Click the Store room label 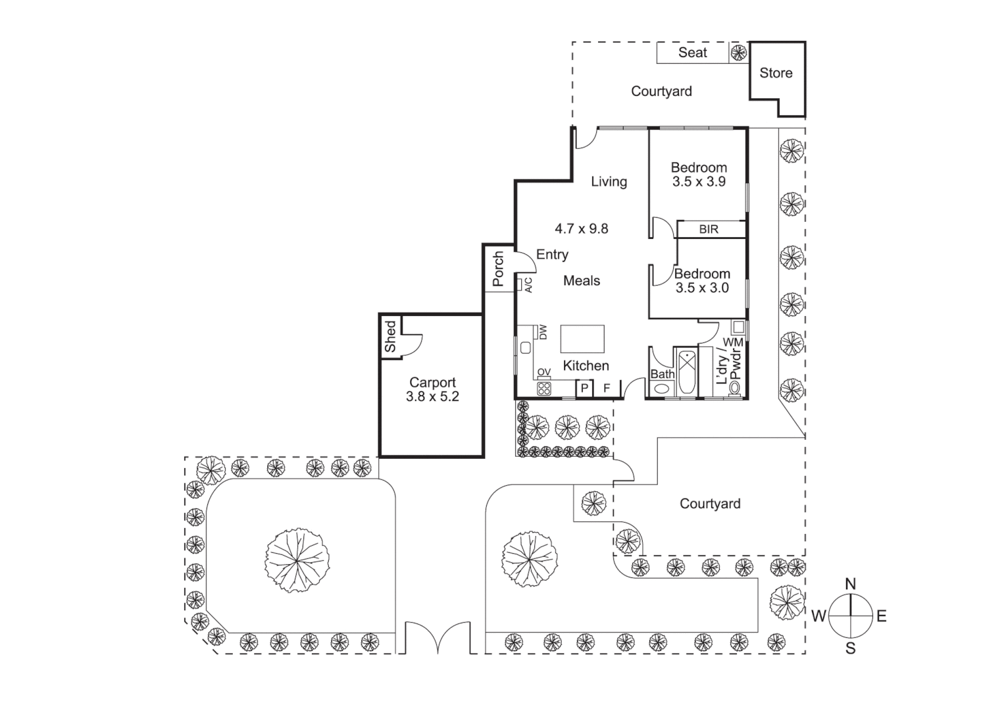pyautogui.click(x=776, y=73)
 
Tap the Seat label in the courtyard pyautogui.click(x=692, y=53)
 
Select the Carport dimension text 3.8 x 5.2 pyautogui.click(x=432, y=397)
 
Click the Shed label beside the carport pyautogui.click(x=391, y=336)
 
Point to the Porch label pyautogui.click(x=498, y=269)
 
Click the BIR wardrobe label pyautogui.click(x=709, y=230)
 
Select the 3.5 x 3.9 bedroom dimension pyautogui.click(x=699, y=182)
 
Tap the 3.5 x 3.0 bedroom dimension pyautogui.click(x=702, y=288)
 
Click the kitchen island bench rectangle pyautogui.click(x=582, y=339)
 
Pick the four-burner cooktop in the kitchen pyautogui.click(x=544, y=388)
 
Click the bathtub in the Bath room pyautogui.click(x=686, y=373)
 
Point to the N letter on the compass pyautogui.click(x=850, y=584)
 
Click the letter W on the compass pyautogui.click(x=818, y=616)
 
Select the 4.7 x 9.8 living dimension pyautogui.click(x=581, y=229)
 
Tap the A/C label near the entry pyautogui.click(x=528, y=285)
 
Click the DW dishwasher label pyautogui.click(x=543, y=332)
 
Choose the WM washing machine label pyautogui.click(x=733, y=342)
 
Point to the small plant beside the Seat pyautogui.click(x=738, y=53)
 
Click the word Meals pyautogui.click(x=582, y=281)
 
